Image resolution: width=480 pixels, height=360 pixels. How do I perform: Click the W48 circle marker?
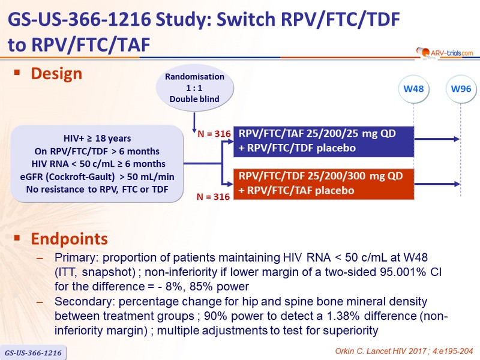pos(413,89)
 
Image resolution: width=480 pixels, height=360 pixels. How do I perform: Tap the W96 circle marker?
pos(461,89)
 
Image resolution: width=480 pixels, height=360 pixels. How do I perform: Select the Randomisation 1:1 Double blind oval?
pos(194,88)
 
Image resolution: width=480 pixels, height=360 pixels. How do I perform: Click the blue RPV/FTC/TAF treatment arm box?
pos(323,142)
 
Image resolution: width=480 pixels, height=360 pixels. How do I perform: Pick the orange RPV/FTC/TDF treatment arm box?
pos(323,184)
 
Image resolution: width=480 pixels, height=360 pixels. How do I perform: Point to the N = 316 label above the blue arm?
pos(214,134)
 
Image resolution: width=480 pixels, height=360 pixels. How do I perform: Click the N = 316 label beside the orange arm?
pos(213,197)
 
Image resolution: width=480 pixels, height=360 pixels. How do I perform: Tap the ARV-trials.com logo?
pos(445,53)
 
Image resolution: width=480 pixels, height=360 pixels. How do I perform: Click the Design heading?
pos(56,74)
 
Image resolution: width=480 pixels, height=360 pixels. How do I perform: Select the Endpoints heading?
pos(70,239)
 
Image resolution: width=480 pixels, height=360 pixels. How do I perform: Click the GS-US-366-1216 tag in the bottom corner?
pos(33,353)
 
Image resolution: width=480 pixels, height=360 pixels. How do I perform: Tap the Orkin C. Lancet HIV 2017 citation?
pos(404,351)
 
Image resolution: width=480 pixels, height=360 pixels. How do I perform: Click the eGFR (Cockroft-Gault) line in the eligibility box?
pos(97,176)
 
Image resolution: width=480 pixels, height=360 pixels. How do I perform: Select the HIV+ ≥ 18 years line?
pos(97,139)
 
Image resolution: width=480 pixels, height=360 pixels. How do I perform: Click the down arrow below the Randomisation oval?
pos(194,122)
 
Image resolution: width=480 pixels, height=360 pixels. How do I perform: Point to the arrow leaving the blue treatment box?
pos(437,139)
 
